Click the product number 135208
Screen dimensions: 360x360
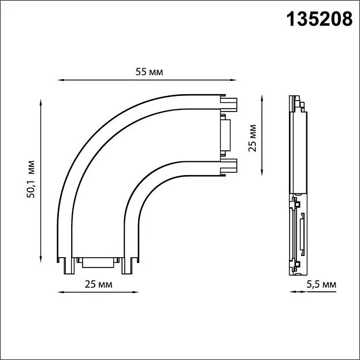[x=319, y=19]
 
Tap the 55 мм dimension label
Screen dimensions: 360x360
[x=149, y=72]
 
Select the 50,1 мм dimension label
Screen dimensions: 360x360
[x=31, y=179]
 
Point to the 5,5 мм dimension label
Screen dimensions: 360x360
[x=321, y=285]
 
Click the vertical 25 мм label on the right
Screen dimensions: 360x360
[x=252, y=138]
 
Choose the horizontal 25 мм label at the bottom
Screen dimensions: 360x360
[x=98, y=284]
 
